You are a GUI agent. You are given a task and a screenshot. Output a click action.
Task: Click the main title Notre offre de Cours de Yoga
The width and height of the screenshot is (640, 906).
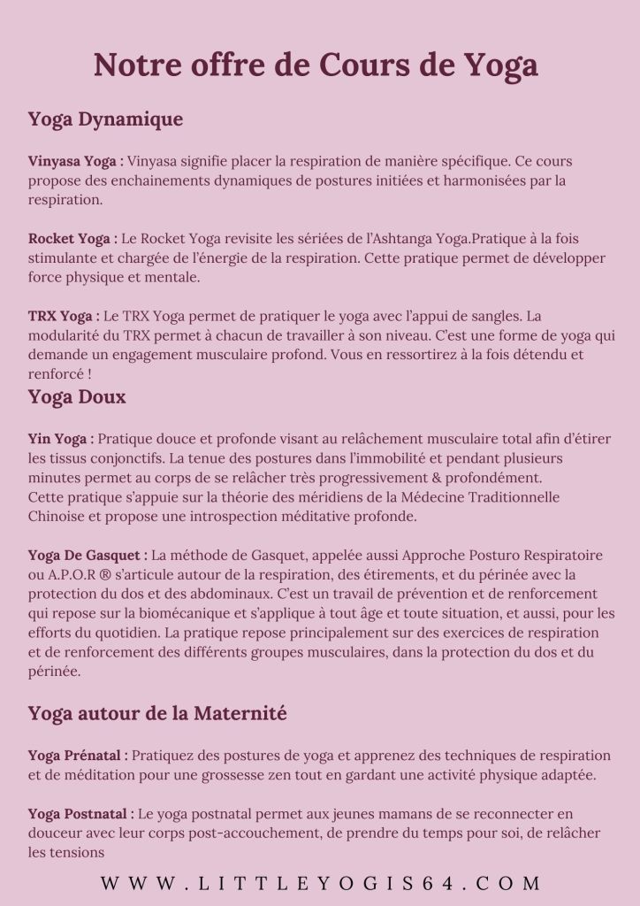316,65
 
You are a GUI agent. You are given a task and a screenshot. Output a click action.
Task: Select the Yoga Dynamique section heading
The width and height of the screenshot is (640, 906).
105,119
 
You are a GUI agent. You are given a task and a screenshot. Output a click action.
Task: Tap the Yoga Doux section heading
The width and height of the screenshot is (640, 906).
77,396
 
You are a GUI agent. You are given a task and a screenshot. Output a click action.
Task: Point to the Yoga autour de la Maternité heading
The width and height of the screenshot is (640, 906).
157,713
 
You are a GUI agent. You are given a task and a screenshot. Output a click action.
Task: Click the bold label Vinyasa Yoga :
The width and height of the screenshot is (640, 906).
76,162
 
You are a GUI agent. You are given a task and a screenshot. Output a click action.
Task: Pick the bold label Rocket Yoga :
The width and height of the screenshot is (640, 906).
72,239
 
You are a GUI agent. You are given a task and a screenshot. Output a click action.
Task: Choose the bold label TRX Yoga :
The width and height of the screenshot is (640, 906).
64,316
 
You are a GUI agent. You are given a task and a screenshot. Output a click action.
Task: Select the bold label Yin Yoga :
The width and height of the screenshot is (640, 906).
60,438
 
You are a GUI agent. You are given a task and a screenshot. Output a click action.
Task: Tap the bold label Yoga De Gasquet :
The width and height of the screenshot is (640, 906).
88,556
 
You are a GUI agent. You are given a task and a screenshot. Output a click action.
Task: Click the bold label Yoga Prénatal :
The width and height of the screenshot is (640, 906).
78,756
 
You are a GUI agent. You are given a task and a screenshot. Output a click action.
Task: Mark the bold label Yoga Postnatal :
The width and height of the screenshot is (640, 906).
81,814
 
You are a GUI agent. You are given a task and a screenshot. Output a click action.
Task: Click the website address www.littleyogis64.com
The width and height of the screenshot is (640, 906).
320,883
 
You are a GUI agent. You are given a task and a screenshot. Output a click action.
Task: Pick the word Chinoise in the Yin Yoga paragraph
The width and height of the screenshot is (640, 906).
58,516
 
